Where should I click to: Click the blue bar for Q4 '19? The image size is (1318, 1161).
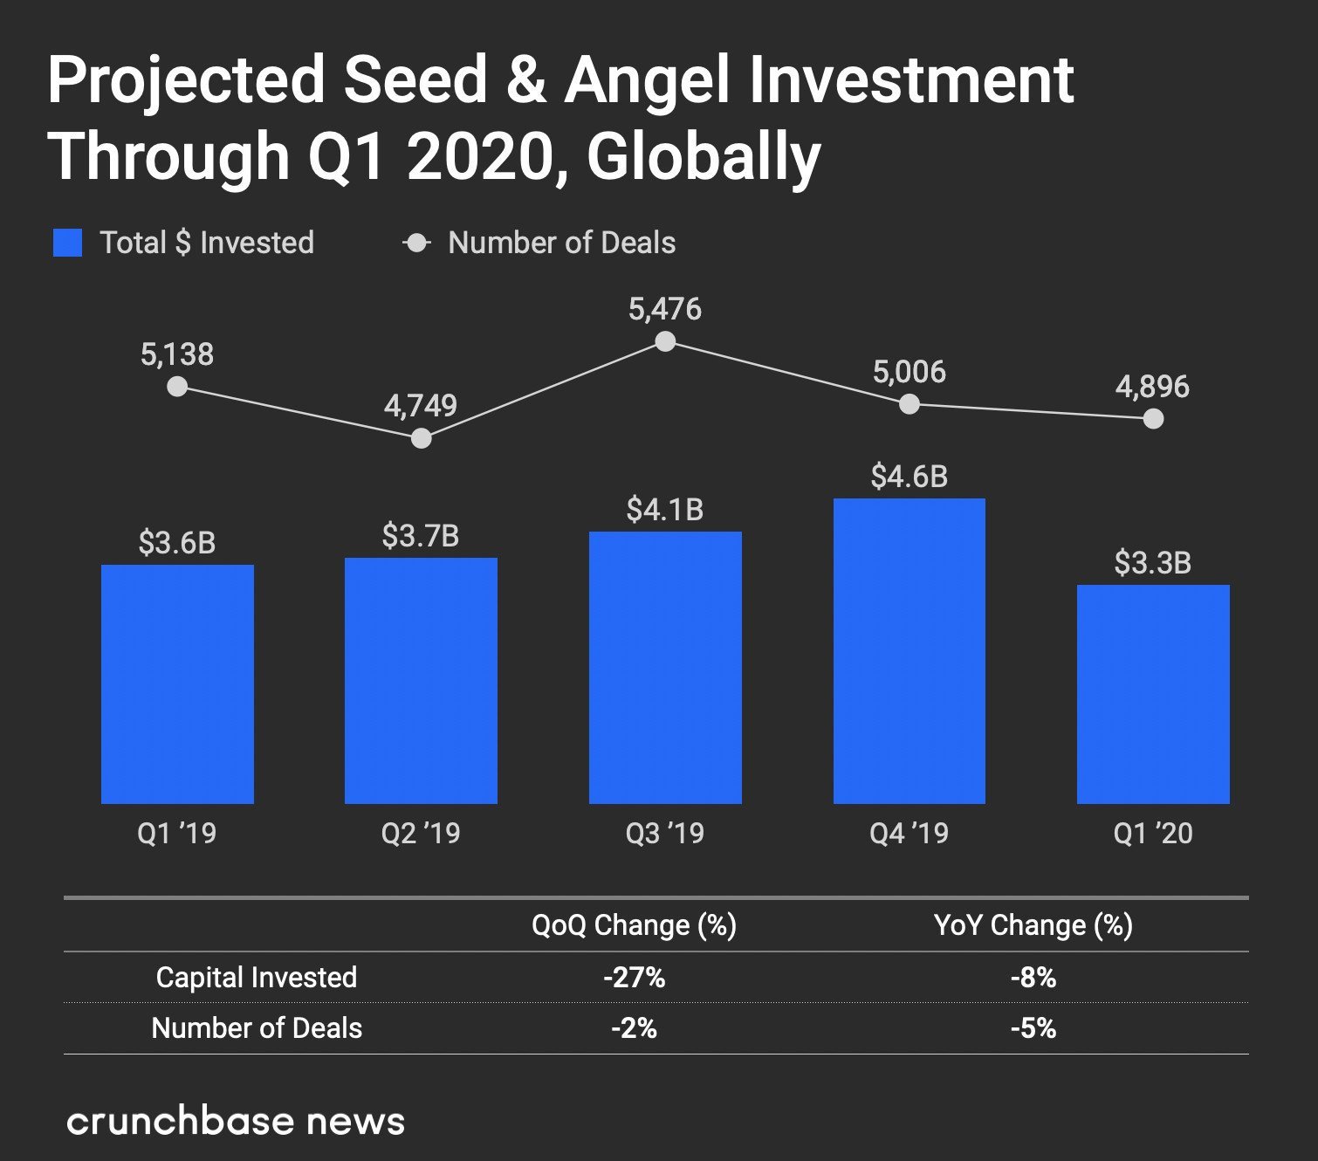pos(909,650)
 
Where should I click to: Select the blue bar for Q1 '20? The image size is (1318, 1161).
pos(1152,694)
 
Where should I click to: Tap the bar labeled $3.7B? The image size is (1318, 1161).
pos(421,680)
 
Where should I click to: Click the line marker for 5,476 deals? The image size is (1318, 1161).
pos(665,341)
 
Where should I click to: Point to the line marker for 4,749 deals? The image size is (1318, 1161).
pos(421,437)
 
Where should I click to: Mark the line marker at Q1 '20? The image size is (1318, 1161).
pos(1152,419)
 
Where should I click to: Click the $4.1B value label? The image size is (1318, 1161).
pos(665,510)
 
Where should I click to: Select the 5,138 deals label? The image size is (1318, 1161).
pos(177,354)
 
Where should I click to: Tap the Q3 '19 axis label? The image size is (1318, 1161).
pos(665,833)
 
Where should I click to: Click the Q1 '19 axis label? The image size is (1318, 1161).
pos(177,833)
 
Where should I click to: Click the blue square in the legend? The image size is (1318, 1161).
pos(68,243)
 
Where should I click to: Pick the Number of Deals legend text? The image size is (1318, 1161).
pos(561,243)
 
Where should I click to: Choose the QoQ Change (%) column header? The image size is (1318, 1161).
pos(634,925)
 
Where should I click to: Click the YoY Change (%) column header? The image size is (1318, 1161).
pos(1033,925)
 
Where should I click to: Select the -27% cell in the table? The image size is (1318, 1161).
pos(634,978)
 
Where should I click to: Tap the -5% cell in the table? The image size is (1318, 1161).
pos(1033,1028)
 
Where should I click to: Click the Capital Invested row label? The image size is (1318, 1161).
pos(257,978)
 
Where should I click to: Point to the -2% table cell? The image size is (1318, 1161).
pos(634,1028)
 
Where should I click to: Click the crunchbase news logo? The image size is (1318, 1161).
pos(236,1122)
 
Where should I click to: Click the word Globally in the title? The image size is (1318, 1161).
pos(704,157)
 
